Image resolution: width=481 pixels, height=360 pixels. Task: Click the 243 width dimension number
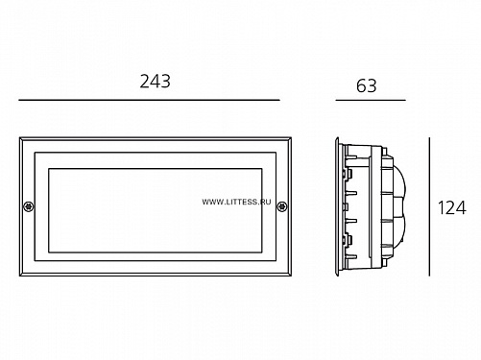coord(156,82)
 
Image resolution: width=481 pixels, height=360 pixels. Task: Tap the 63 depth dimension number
coord(367,85)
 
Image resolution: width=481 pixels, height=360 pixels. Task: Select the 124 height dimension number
coord(452,207)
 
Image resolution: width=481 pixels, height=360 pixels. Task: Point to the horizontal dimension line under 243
coord(149,100)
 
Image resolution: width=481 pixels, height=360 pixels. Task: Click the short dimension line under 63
coord(371,100)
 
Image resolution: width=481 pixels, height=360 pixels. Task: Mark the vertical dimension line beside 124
coord(429,206)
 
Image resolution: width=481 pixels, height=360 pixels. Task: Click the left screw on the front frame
coord(29,206)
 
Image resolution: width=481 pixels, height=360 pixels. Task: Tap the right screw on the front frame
coord(281,206)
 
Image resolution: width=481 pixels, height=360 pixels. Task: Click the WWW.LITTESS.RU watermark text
coord(236,202)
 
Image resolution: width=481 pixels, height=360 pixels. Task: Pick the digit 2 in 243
coord(145,82)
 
